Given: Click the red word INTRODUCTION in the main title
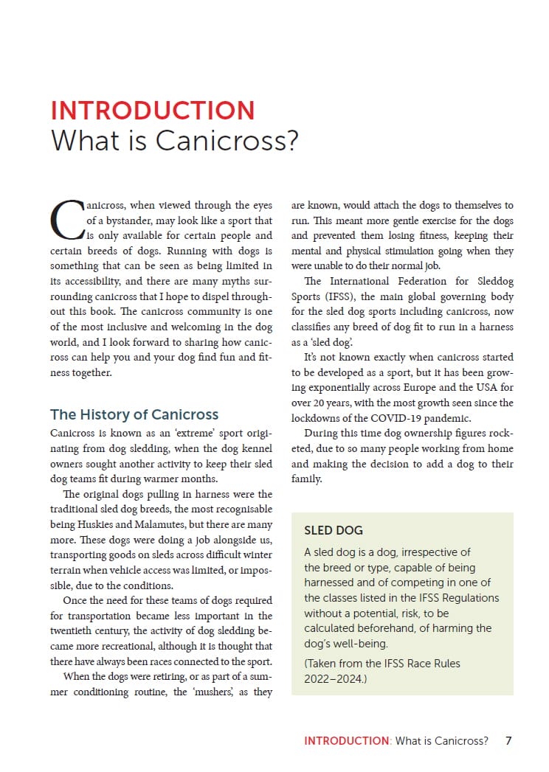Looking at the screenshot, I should click(153, 110).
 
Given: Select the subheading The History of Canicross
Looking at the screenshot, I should click(134, 414).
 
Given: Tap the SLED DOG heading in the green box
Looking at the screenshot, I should click(334, 530).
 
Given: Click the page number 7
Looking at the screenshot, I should click(508, 740).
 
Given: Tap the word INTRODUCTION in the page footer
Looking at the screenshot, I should click(346, 740).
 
